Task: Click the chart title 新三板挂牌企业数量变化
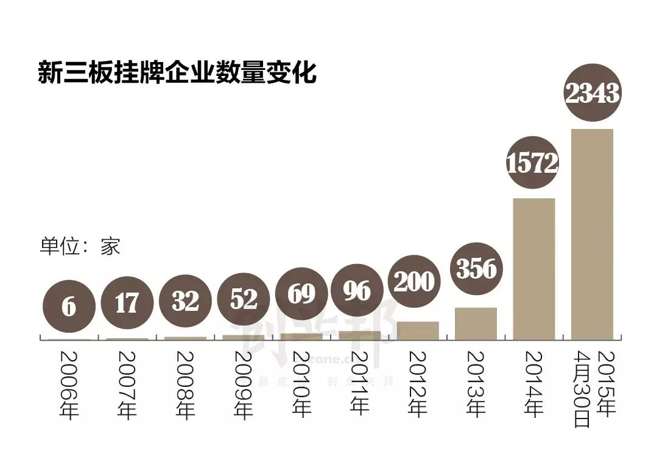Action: (x=177, y=73)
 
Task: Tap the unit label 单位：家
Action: (x=80, y=246)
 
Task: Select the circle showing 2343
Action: (x=592, y=94)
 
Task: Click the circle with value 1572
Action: (x=533, y=163)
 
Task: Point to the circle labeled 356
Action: (x=476, y=268)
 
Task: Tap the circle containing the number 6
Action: (x=69, y=307)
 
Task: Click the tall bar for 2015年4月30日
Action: (x=592, y=234)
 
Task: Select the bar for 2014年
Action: (x=534, y=269)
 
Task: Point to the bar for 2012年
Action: (x=418, y=330)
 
